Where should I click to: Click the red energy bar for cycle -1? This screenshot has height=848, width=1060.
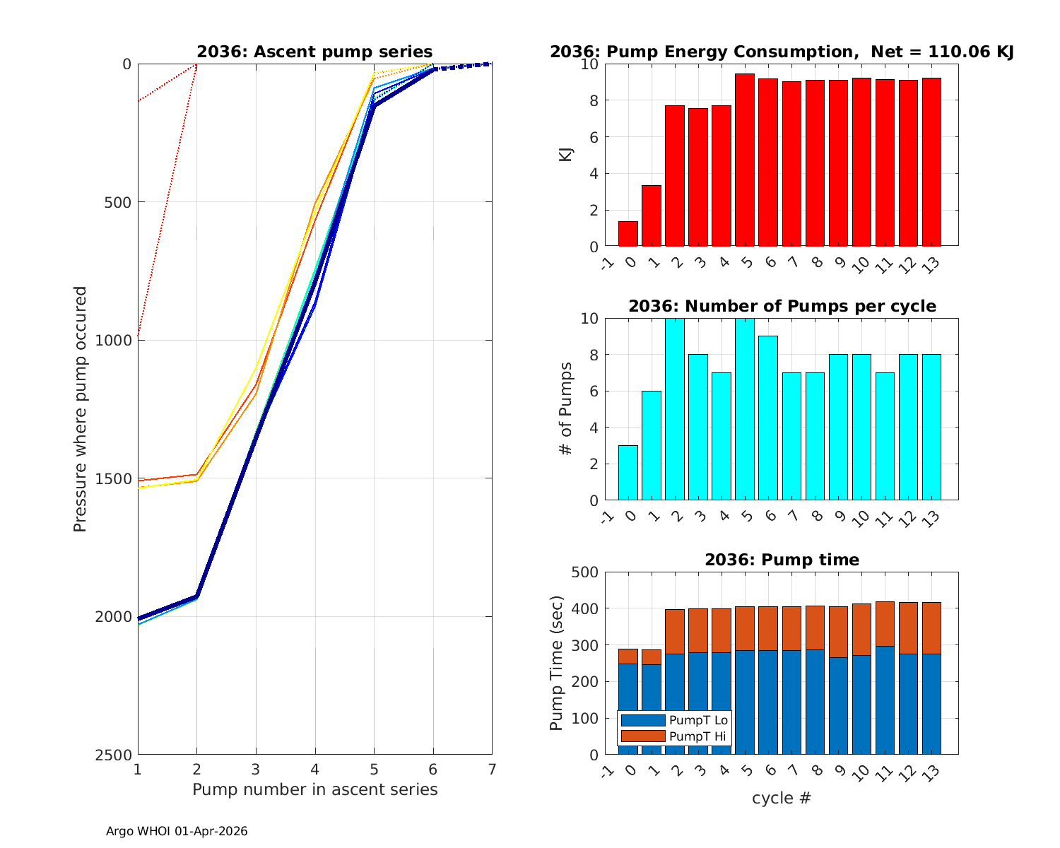(628, 234)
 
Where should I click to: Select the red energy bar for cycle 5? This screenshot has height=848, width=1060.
(745, 160)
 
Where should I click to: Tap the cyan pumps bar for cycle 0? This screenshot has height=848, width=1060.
(652, 446)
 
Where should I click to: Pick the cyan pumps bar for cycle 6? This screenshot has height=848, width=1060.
(768, 418)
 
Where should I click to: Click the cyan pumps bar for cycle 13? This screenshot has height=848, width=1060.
(931, 428)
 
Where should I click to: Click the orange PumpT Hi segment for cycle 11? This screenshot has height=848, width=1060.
(885, 624)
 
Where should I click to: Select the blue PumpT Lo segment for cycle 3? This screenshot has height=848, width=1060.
(698, 703)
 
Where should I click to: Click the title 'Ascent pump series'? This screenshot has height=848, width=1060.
(314, 52)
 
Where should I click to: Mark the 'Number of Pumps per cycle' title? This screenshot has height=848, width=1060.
(782, 306)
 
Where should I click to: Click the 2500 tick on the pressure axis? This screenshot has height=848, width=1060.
(117, 755)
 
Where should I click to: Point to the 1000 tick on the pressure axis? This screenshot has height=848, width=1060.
(117, 340)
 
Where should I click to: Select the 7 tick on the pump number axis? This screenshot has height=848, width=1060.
(492, 769)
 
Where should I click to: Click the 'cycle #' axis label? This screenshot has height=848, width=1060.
(782, 798)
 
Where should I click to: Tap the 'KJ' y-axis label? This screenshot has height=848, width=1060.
(566, 155)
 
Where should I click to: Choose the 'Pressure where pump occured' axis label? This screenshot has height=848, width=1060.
(81, 409)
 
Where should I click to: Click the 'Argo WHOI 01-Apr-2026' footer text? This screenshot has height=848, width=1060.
(177, 832)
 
